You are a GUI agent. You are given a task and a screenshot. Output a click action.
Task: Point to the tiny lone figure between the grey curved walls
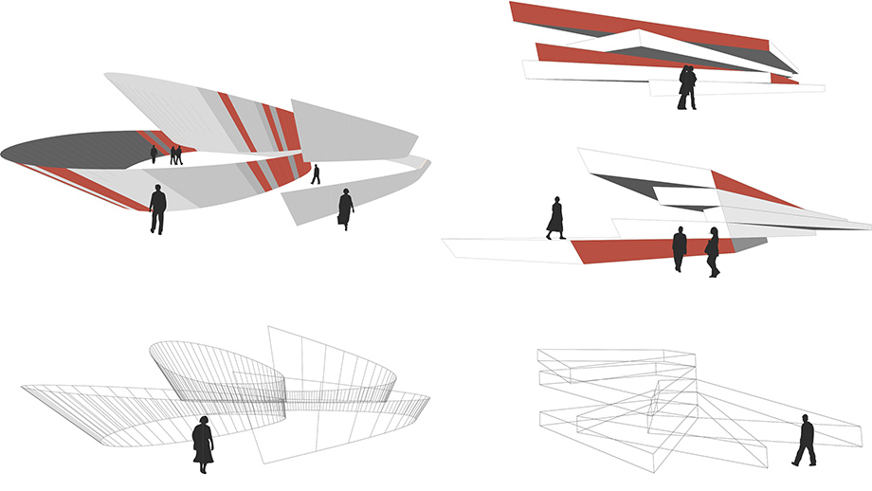click(x=316, y=174)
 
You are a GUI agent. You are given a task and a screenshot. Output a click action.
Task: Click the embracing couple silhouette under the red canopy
click(x=687, y=86)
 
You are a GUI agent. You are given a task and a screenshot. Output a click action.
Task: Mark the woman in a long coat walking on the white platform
click(x=555, y=217)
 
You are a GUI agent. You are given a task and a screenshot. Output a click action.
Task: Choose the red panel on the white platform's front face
click(x=645, y=250)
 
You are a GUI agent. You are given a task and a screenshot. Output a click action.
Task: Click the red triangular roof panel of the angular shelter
click(x=754, y=190)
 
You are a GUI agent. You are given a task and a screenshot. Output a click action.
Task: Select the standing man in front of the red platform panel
click(x=680, y=248)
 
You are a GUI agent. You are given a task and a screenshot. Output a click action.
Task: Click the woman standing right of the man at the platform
click(x=712, y=252)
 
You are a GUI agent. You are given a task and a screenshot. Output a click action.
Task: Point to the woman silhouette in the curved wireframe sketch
click(x=202, y=443)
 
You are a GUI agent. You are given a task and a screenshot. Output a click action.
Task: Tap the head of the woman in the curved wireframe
click(x=202, y=420)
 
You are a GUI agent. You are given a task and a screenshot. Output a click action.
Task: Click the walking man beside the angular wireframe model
click(x=805, y=441)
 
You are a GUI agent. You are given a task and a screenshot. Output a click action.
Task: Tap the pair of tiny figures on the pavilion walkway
click(x=176, y=155)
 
